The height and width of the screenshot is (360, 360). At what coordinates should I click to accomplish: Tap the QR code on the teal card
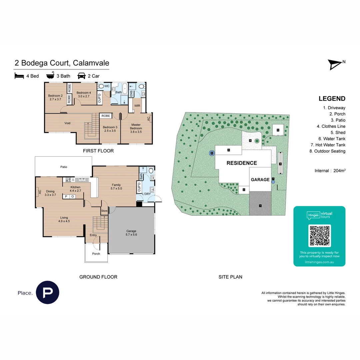click(319, 236)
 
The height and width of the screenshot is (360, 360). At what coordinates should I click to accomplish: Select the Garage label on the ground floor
click(131, 231)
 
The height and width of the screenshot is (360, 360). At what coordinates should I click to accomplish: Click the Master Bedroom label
click(136, 126)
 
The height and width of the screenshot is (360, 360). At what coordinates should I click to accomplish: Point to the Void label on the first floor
click(67, 123)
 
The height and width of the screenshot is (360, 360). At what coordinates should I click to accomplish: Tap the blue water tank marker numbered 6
click(212, 153)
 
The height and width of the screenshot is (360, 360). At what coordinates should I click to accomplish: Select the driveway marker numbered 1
click(260, 206)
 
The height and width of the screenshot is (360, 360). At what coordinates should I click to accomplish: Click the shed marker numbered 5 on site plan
click(278, 130)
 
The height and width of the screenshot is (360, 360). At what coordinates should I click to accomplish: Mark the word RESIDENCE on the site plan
click(242, 163)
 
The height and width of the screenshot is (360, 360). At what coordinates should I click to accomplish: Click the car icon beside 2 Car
click(82, 76)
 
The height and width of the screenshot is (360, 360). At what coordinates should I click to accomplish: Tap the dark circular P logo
click(47, 292)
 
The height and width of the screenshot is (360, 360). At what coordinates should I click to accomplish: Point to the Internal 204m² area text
click(330, 171)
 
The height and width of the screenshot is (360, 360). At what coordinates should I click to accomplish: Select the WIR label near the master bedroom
click(137, 106)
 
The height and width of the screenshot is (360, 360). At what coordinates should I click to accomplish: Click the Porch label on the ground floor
click(96, 254)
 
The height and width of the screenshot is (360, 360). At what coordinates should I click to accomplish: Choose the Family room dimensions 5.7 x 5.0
click(116, 189)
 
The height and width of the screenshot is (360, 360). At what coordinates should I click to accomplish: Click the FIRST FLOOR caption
click(98, 151)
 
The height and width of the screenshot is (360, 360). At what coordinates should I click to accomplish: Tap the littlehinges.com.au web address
click(319, 262)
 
